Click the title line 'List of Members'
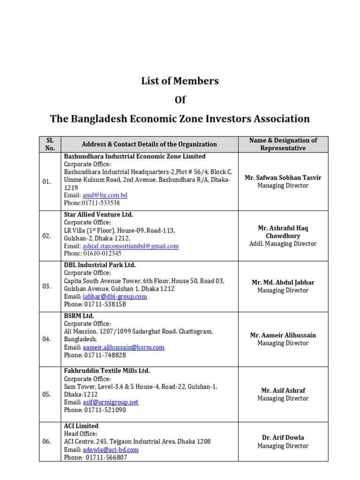click(180, 81)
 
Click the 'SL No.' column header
click(50, 144)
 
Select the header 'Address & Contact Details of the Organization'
click(149, 144)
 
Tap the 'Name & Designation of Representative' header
click(283, 144)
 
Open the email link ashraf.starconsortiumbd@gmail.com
click(130, 246)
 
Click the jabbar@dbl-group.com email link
click(115, 297)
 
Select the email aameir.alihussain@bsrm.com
click(123, 347)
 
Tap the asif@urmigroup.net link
click(111, 402)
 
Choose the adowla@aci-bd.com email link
click(111, 450)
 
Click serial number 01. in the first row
click(47, 181)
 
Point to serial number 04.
click(47, 339)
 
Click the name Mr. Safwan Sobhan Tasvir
click(283, 178)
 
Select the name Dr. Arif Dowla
click(283, 437)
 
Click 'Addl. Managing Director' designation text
click(283, 244)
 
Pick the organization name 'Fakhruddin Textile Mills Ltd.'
click(107, 371)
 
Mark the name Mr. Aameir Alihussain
click(283, 335)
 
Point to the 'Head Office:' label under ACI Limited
click(81, 434)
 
